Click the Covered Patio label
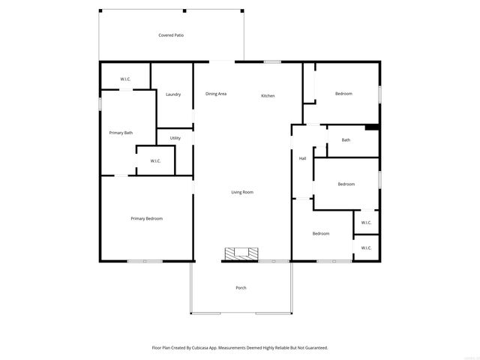pos(171,35)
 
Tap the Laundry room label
pos(173,94)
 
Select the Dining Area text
pos(216,94)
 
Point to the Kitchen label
pos(268,96)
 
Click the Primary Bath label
pos(121,133)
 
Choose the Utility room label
pos(175,138)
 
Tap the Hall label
pos(302,158)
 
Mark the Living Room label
pos(241,192)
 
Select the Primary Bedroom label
pos(146,218)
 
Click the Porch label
pos(241,288)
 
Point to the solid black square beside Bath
pos(371,127)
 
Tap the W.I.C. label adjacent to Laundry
pos(126,79)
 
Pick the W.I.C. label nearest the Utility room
pos(155,160)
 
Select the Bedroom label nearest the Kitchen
pos(343,94)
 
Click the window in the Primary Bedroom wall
pos(145,261)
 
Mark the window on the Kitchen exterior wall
pos(272,61)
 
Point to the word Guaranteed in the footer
pos(314,347)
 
